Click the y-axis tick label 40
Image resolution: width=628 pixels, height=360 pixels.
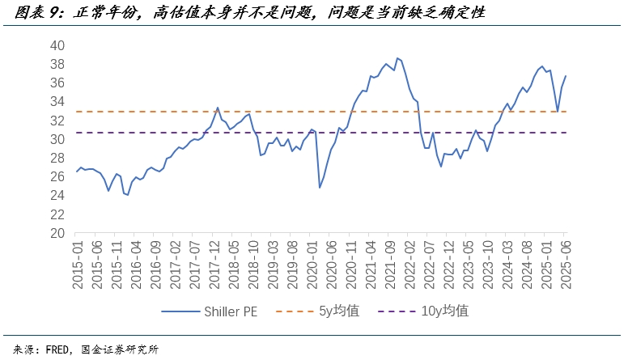(x=57, y=45)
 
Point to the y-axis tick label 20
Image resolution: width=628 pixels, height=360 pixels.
(x=57, y=233)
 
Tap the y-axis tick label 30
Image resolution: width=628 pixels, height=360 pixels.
(x=57, y=139)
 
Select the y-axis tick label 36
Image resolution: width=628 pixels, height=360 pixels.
(x=57, y=83)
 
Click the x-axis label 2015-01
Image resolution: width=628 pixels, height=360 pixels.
(x=78, y=260)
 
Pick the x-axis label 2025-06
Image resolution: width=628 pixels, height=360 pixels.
(x=565, y=260)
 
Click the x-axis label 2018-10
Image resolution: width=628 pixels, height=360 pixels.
(x=252, y=260)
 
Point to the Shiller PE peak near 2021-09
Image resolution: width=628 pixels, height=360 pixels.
(x=397, y=58)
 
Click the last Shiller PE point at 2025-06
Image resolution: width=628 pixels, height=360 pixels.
(x=566, y=76)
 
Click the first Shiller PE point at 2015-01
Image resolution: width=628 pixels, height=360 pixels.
(x=77, y=171)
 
